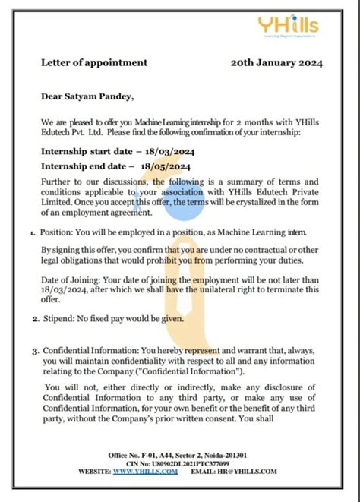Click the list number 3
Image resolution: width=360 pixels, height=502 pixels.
(x=35, y=352)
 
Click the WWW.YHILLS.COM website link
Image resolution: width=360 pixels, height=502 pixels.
(x=146, y=472)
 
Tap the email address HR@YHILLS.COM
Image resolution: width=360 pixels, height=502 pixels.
(x=253, y=472)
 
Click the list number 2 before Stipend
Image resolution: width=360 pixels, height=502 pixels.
(x=35, y=319)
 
